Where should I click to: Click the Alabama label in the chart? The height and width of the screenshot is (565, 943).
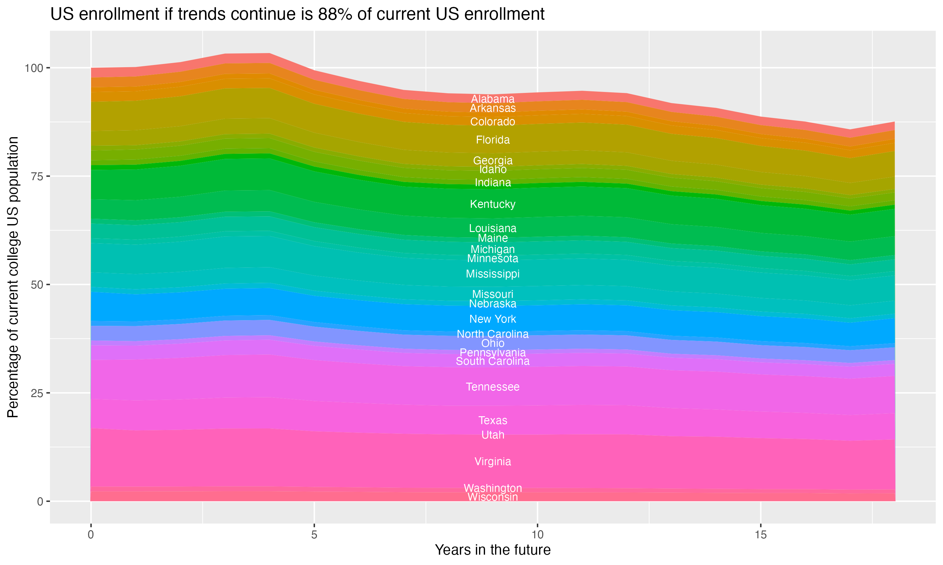tap(493, 99)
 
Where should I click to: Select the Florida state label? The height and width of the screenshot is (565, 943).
tap(493, 140)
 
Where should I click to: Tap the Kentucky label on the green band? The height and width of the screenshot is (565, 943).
tap(493, 204)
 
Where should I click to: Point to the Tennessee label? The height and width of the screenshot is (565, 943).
tap(493, 387)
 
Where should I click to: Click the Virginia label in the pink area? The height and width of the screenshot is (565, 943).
tap(493, 461)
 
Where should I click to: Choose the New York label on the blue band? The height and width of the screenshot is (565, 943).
tap(493, 319)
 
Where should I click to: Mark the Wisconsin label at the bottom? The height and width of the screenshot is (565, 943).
tap(493, 497)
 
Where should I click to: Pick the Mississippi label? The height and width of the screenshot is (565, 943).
tap(493, 274)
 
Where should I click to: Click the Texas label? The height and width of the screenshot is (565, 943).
tap(493, 420)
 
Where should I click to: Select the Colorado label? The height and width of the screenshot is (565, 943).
tap(493, 122)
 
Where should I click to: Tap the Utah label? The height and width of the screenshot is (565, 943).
tap(493, 435)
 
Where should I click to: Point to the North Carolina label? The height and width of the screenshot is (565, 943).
tap(493, 334)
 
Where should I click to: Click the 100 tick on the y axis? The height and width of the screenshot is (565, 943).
tap(32, 68)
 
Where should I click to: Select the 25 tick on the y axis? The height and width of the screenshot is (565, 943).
tap(36, 393)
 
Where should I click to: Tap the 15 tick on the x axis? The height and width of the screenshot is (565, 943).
tap(760, 535)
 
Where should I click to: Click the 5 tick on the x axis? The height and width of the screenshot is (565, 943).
tap(314, 535)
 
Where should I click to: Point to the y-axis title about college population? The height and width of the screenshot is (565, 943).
tap(13, 277)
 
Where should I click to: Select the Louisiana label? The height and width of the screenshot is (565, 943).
tap(493, 229)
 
